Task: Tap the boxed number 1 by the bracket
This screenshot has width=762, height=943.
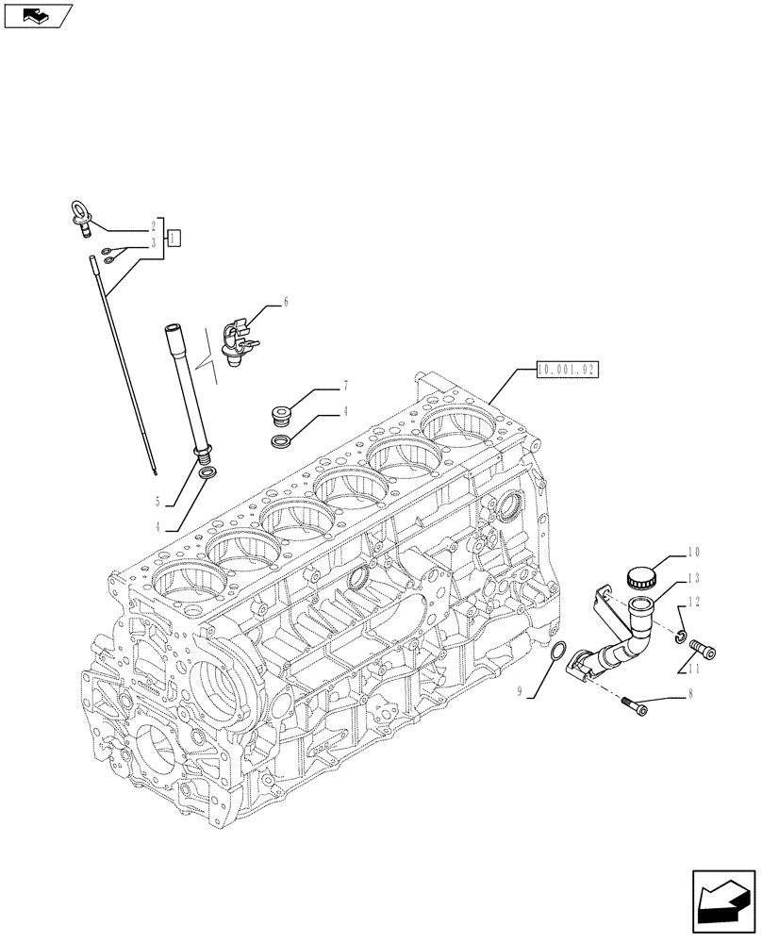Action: pyautogui.click(x=174, y=238)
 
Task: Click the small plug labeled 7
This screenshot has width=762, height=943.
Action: pyautogui.click(x=279, y=413)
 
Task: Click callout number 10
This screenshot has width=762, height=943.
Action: pyautogui.click(x=693, y=551)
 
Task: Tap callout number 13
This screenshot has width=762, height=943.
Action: pyautogui.click(x=693, y=577)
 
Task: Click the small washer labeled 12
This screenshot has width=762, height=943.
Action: pyautogui.click(x=680, y=638)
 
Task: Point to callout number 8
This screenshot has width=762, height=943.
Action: pyautogui.click(x=694, y=698)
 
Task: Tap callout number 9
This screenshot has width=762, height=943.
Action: pyautogui.click(x=520, y=692)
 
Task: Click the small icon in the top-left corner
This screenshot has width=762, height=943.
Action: pyautogui.click(x=39, y=15)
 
